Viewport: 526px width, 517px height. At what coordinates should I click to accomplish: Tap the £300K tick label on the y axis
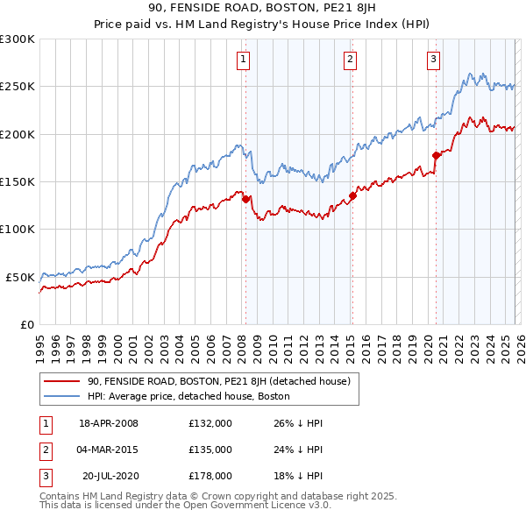click(x=18, y=39)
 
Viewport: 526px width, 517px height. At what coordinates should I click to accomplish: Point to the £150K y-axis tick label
click(x=18, y=181)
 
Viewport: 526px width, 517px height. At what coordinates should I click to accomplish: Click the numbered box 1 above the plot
click(x=242, y=60)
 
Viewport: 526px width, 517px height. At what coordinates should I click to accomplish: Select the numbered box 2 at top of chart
click(x=350, y=60)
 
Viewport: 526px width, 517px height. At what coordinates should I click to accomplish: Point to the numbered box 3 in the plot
click(x=433, y=60)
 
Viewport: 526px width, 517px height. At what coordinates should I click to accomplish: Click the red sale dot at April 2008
click(x=245, y=199)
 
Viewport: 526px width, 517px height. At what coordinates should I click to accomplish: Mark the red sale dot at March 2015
click(x=352, y=195)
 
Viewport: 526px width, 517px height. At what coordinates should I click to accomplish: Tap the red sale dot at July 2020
click(x=436, y=155)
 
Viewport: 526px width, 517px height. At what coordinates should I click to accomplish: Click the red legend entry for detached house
click(x=219, y=381)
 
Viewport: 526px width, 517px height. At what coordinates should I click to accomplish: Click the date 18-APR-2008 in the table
click(x=109, y=423)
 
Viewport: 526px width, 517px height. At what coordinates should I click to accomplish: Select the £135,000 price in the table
click(x=210, y=450)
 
